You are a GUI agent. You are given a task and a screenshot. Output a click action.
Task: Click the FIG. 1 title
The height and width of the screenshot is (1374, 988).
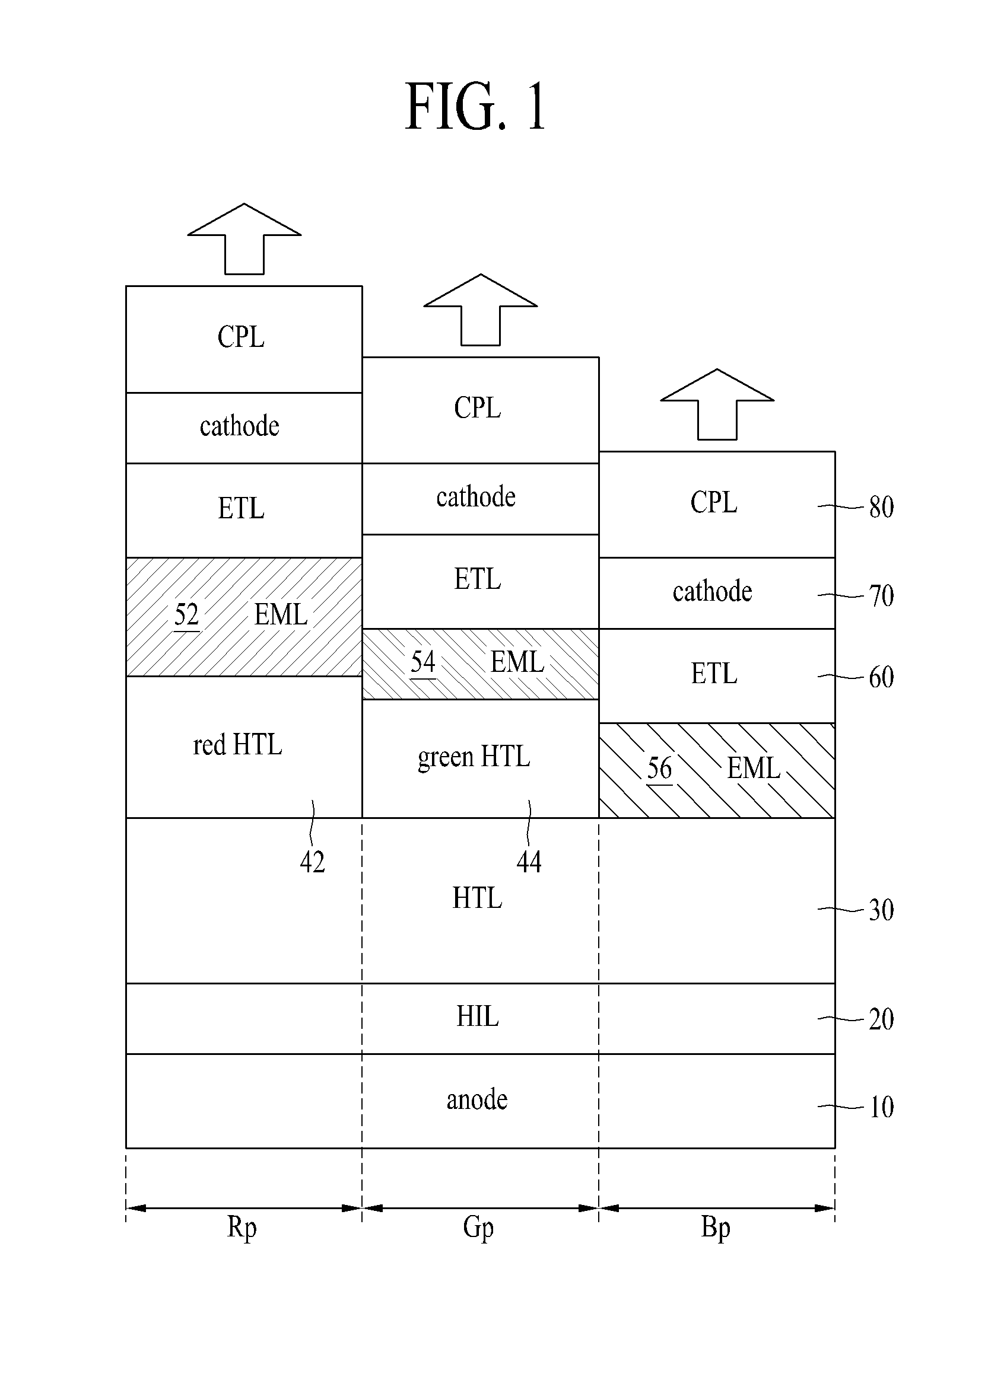(x=476, y=107)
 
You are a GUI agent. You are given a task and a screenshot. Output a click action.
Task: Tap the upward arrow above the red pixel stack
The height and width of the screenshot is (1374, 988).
(x=244, y=239)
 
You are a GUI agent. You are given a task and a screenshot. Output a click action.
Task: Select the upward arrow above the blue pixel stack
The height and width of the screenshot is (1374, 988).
(x=717, y=404)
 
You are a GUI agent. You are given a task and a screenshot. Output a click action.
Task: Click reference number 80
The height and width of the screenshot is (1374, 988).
(x=881, y=507)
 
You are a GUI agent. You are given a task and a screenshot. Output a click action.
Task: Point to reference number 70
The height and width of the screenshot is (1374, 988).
(x=881, y=596)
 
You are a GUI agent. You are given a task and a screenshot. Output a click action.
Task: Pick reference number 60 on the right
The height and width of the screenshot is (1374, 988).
(x=881, y=677)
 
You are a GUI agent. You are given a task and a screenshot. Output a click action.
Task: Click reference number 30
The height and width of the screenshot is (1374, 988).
(x=881, y=910)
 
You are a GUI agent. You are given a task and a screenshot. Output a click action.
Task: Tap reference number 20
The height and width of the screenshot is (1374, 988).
(x=881, y=1019)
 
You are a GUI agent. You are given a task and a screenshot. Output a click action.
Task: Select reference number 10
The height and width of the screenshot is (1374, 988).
(x=881, y=1107)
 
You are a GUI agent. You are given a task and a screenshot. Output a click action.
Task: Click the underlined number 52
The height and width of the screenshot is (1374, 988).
(x=187, y=616)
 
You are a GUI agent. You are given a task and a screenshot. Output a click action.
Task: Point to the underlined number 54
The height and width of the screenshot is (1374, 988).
(x=423, y=662)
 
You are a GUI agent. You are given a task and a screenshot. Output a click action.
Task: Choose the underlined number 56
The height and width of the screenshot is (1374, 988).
(x=659, y=769)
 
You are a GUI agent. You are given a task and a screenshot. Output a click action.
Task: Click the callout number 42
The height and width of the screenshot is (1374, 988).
(x=313, y=862)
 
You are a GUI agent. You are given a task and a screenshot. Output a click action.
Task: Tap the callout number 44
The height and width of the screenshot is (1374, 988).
(x=529, y=862)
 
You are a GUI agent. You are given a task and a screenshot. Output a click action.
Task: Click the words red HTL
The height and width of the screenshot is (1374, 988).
(x=237, y=745)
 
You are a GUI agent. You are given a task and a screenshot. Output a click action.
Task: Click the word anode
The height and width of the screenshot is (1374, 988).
(x=477, y=1099)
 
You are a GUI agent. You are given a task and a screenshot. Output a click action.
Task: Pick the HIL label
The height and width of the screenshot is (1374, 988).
(x=478, y=1016)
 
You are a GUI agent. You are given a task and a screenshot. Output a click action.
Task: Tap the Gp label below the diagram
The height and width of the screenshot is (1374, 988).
(x=478, y=1229)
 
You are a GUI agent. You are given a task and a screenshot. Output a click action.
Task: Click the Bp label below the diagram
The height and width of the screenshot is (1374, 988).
(x=716, y=1229)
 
